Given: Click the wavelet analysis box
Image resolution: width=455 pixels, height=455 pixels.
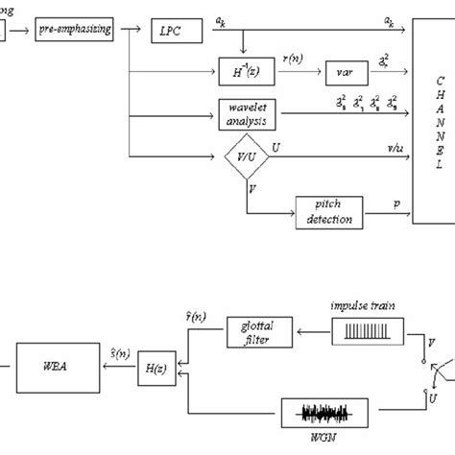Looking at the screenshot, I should tap(248, 115).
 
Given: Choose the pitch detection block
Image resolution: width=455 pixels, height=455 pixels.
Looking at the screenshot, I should tap(329, 211).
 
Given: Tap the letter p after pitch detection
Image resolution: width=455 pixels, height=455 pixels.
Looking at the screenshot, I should tap(395, 204).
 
